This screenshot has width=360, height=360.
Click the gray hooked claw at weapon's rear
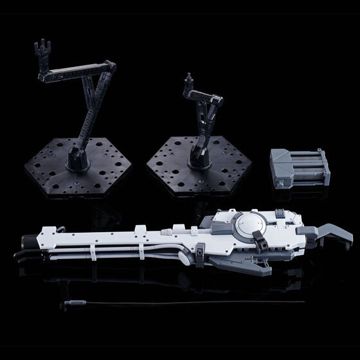(x=334, y=225)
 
